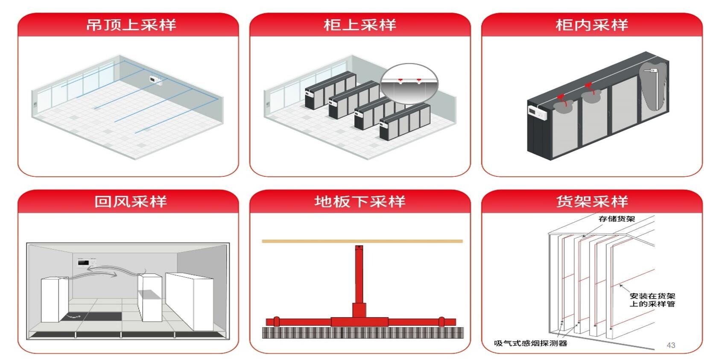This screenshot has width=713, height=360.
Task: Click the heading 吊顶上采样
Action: click(131, 25)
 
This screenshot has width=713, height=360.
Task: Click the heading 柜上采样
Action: click(359, 25)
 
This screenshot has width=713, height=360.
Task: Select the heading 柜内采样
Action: click(591, 25)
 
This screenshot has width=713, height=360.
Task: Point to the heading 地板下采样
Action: click(359, 201)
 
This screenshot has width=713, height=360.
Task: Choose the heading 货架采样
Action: click(591, 201)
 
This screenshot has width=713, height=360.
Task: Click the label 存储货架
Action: click(617, 219)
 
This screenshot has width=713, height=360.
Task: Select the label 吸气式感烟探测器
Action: click(530, 343)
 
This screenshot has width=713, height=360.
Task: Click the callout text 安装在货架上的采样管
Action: click(652, 300)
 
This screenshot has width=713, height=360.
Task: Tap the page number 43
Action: click(671, 345)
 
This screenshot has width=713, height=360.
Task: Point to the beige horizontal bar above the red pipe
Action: click(362, 241)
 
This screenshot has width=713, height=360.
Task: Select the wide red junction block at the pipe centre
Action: click(359, 322)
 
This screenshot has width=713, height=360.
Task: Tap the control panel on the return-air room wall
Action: click(87, 262)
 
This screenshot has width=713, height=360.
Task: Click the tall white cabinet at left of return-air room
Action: click(54, 299)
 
